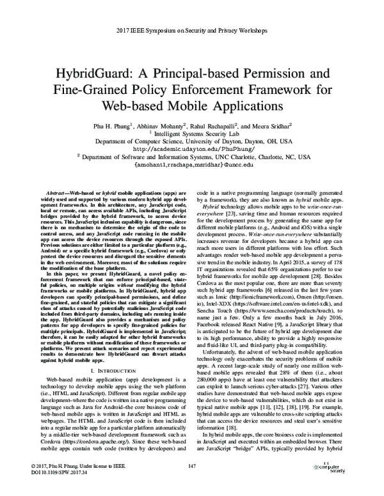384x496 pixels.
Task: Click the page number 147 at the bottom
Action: pyautogui.click(x=192, y=473)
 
